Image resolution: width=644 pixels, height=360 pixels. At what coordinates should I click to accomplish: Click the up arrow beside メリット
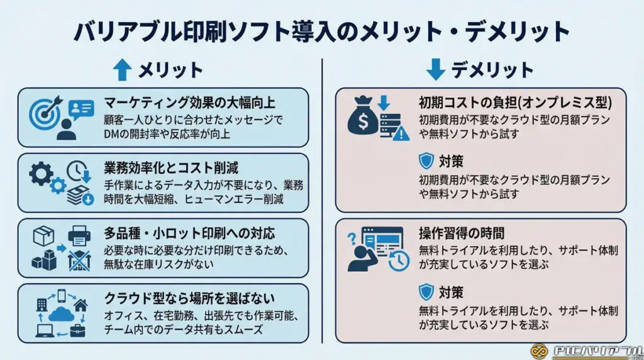click(x=123, y=70)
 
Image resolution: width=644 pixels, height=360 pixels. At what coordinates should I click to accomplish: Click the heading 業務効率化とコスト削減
click(x=171, y=167)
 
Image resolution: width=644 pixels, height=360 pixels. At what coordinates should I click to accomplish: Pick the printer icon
click(x=79, y=237)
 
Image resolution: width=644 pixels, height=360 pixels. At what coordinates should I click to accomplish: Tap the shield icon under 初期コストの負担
click(x=426, y=161)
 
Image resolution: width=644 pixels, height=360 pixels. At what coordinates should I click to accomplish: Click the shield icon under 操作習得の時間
click(x=426, y=291)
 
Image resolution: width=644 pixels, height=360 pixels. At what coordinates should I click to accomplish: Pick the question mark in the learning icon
click(x=352, y=239)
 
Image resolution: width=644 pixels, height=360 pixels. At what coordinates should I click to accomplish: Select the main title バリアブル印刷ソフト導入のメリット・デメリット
click(x=321, y=31)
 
